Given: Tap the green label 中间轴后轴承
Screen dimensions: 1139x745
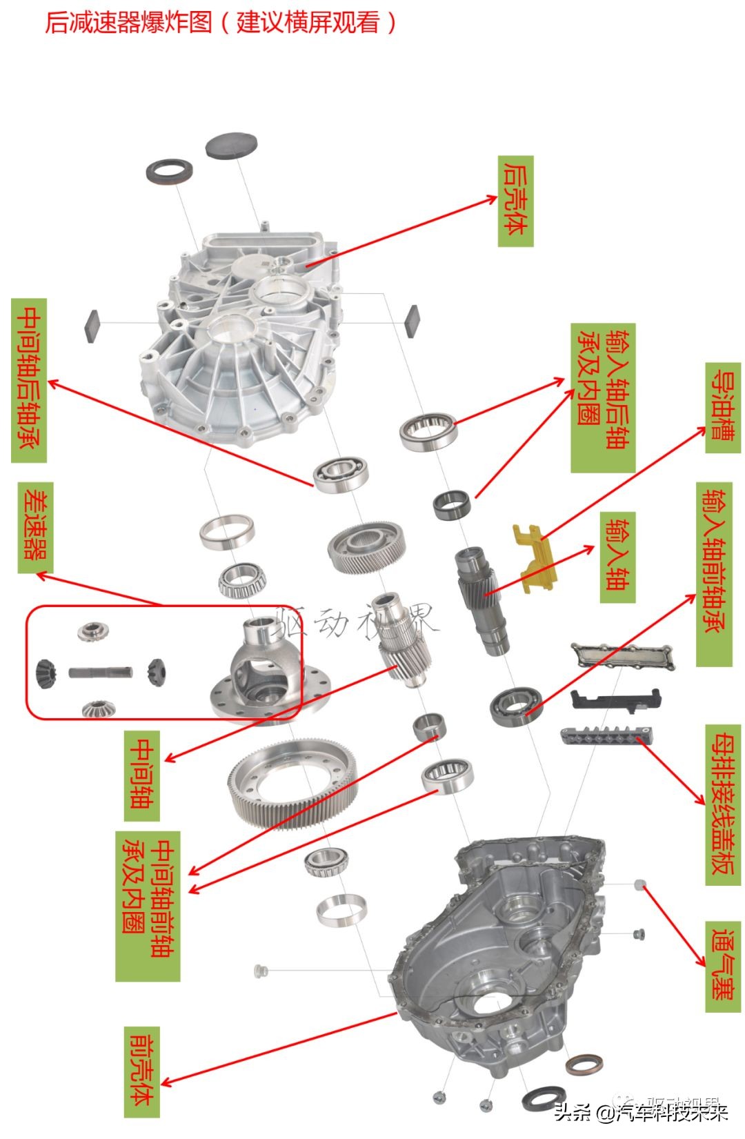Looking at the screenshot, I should tap(29, 380).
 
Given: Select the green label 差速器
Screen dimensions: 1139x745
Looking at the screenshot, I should tap(34, 526).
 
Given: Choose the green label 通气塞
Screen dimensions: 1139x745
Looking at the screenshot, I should tap(722, 966).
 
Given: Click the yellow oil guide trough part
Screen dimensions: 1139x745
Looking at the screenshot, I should tap(535, 557).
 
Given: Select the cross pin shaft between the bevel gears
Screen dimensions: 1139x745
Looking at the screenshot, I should tap(100, 671).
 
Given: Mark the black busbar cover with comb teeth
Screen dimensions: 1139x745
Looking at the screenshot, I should tap(604, 736).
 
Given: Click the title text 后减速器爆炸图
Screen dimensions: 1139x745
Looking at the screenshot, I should tap(128, 22).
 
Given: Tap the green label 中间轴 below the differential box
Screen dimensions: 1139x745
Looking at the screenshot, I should tap(142, 775).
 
